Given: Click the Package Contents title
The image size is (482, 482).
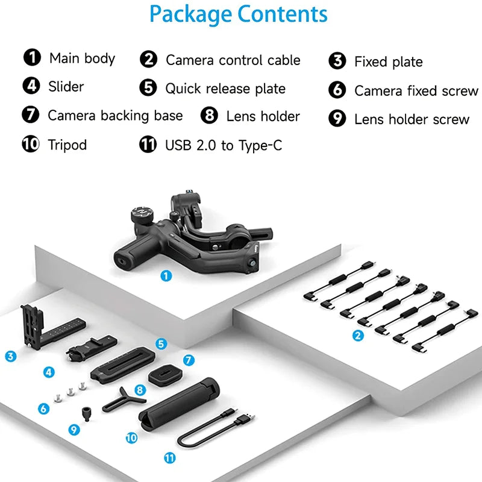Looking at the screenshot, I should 239,14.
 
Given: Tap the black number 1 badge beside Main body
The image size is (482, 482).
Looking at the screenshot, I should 32,58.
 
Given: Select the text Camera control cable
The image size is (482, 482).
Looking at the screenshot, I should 233,60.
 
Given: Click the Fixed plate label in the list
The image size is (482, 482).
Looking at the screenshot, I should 388,61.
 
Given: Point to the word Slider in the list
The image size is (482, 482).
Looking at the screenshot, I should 66,87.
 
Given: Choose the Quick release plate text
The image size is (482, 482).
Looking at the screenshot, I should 225,89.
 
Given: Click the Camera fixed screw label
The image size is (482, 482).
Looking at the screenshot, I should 416,91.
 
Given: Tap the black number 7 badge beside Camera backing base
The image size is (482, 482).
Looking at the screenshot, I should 30,114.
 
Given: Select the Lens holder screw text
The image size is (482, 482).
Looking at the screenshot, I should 412,119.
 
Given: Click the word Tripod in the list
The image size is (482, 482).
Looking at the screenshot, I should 67,145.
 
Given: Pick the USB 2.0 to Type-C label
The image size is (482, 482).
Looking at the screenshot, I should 223,145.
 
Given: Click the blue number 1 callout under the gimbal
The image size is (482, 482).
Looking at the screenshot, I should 166,276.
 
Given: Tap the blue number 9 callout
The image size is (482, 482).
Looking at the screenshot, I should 74,430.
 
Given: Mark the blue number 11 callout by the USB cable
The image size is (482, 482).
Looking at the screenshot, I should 170,458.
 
